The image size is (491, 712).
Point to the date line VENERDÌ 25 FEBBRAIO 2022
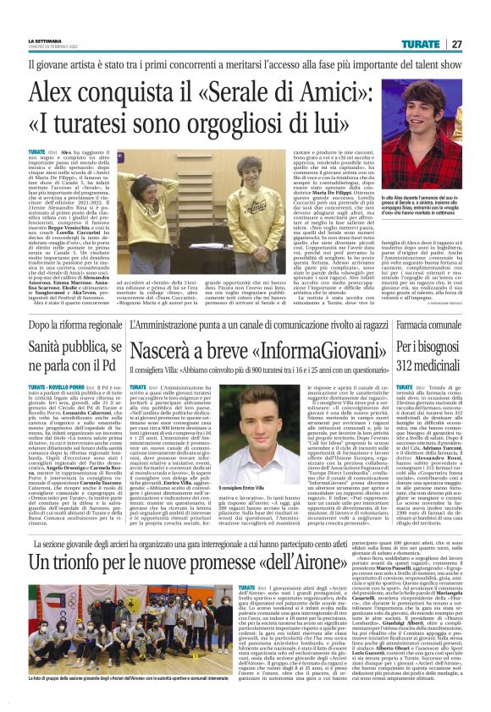[x=56, y=47]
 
